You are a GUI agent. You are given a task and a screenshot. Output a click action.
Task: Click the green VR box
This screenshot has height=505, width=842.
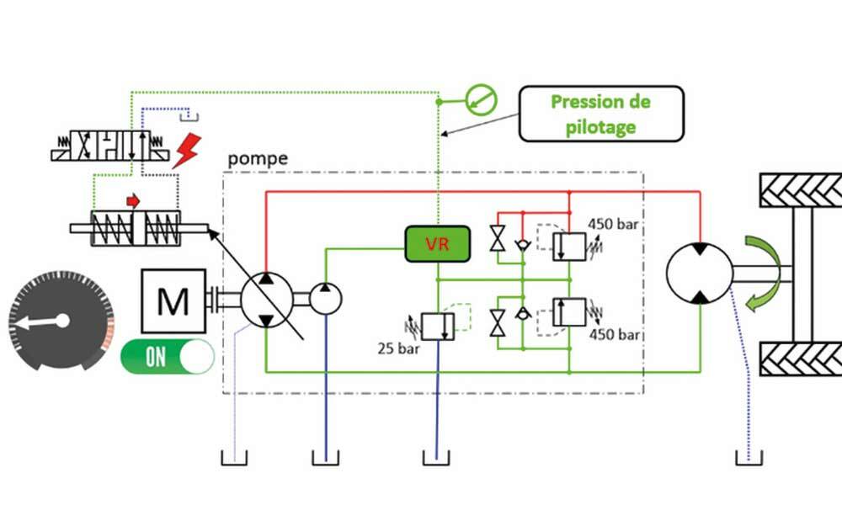pyautogui.click(x=437, y=244)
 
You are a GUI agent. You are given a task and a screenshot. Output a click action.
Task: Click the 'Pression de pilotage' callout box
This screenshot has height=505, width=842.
pyautogui.click(x=600, y=113)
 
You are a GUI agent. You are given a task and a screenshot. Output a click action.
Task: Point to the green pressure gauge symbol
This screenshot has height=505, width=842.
pyautogui.click(x=483, y=100)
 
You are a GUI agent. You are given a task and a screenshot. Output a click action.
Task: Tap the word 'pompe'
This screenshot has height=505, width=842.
pyautogui.click(x=258, y=158)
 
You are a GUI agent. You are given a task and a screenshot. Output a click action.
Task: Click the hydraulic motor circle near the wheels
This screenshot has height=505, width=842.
pyautogui.click(x=699, y=274)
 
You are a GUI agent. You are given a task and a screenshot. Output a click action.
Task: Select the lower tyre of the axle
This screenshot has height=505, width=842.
pyautogui.click(x=801, y=359)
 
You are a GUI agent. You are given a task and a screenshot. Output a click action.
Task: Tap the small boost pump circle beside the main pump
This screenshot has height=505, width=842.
pyautogui.click(x=326, y=299)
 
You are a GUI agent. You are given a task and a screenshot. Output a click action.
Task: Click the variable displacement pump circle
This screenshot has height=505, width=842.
pyautogui.click(x=266, y=300)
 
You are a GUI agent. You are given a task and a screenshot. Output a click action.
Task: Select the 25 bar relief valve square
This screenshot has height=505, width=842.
pyautogui.click(x=437, y=325)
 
